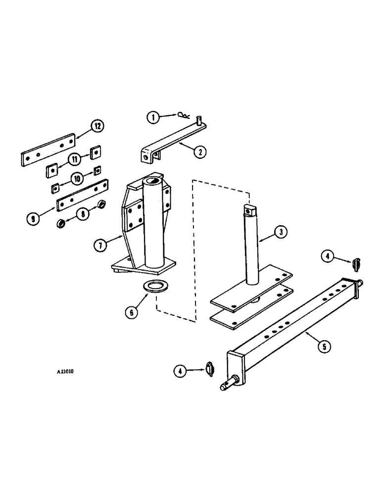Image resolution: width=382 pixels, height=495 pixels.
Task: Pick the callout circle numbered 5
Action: click(x=324, y=346)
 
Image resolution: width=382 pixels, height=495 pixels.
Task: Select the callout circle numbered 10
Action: click(x=78, y=177)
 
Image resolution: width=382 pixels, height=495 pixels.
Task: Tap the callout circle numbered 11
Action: click(x=73, y=159)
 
